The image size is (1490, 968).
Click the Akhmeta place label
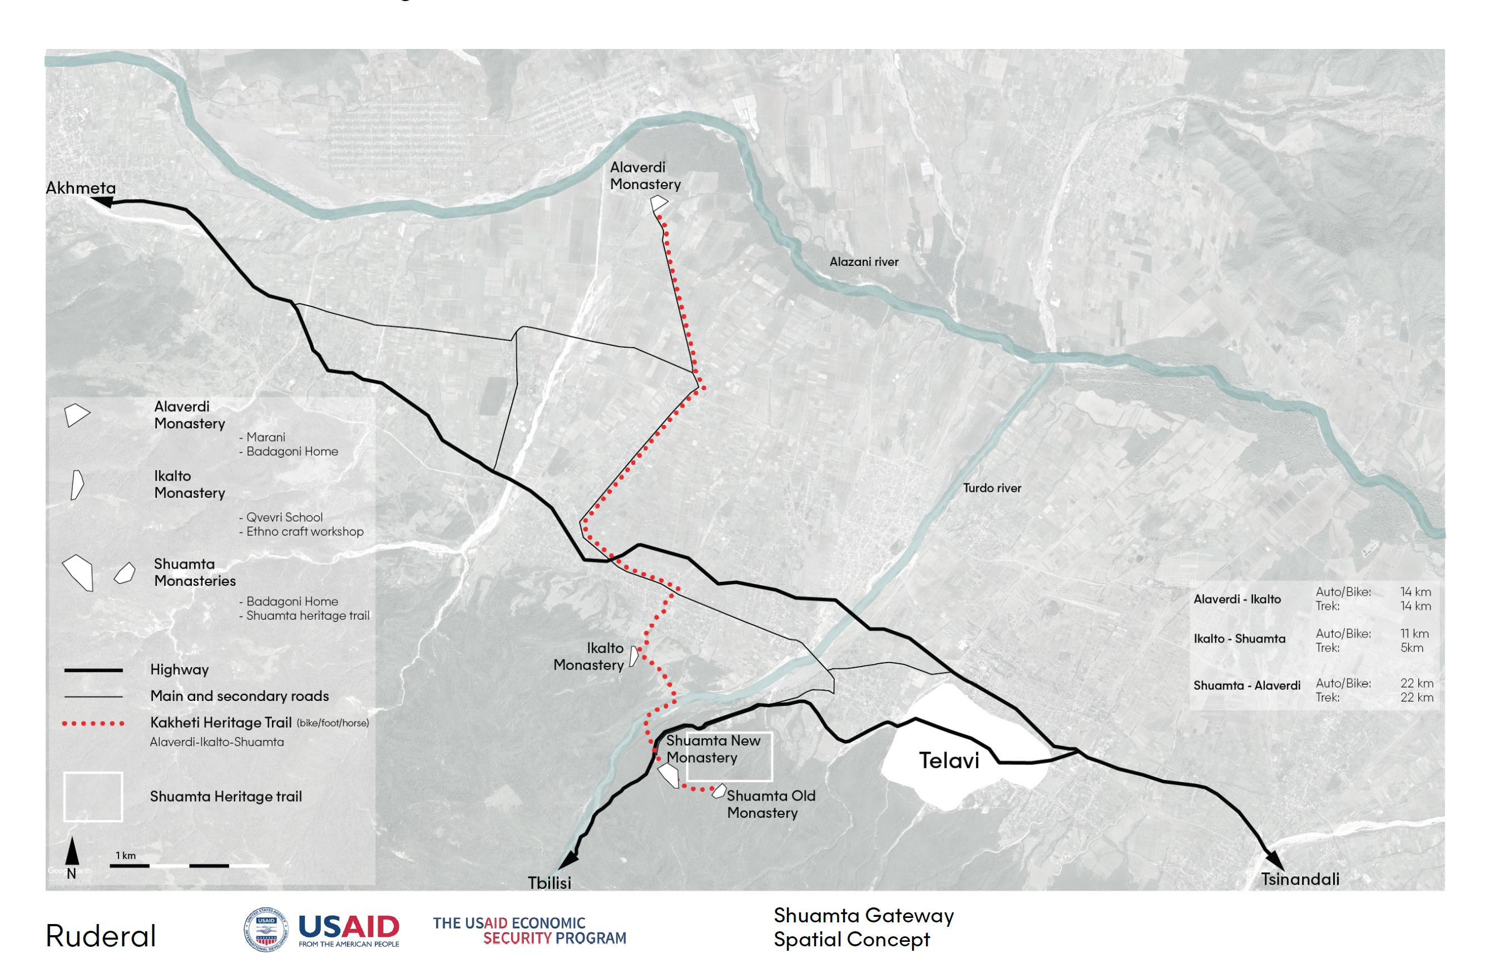click(x=81, y=188)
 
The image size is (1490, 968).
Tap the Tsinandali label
click(x=1300, y=879)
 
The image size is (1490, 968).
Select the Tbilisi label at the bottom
click(x=549, y=883)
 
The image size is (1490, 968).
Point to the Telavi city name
click(x=948, y=760)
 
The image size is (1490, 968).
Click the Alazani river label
click(x=864, y=261)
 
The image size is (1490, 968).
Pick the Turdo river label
click(x=992, y=488)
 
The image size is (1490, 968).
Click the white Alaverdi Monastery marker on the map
click(x=659, y=203)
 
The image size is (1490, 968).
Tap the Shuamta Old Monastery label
click(x=771, y=804)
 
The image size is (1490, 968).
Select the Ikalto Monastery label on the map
click(x=588, y=656)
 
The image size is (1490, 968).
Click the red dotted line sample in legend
click(x=93, y=723)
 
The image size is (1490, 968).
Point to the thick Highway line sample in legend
click(x=93, y=670)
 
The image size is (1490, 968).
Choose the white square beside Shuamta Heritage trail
click(x=93, y=797)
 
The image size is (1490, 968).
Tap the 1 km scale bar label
click(x=125, y=855)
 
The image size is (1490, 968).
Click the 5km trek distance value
click(x=1412, y=648)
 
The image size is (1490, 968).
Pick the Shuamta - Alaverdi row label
click(x=1246, y=685)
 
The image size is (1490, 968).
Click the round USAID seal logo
click(x=266, y=929)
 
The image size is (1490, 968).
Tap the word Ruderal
click(x=101, y=936)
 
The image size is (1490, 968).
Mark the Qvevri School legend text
click(x=284, y=517)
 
